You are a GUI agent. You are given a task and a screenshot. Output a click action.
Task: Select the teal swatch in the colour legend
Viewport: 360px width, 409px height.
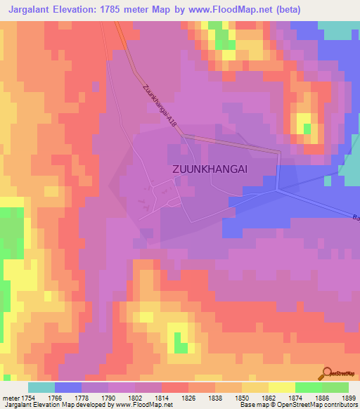tap(41, 387)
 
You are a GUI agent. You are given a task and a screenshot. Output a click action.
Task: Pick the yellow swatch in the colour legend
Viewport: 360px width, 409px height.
tap(281, 387)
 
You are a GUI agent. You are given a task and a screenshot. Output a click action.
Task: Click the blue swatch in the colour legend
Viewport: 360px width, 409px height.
tap(67, 387)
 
